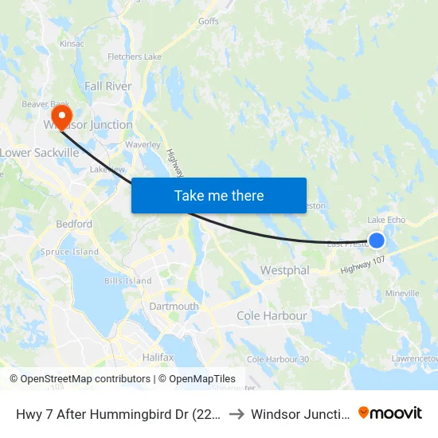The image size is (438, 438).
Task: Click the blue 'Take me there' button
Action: [x=219, y=195]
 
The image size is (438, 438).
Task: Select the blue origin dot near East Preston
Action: [x=377, y=240]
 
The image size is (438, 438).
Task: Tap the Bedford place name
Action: [x=74, y=225]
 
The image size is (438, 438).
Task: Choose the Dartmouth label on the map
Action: [x=174, y=307]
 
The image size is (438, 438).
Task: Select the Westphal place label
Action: [x=284, y=271]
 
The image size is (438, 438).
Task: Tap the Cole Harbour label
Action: [x=272, y=316]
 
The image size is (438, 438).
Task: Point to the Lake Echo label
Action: [x=386, y=221]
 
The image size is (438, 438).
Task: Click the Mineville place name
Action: [x=402, y=294]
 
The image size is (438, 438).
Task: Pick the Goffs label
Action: [x=209, y=22]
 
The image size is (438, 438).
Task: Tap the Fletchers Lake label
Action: [x=135, y=57]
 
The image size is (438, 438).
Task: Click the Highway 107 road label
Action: [x=363, y=265]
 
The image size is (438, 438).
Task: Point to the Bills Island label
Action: [x=127, y=281]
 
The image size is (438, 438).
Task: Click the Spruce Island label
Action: [x=70, y=252]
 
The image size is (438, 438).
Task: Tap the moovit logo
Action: [x=390, y=413]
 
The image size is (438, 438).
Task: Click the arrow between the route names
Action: [x=237, y=413]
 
